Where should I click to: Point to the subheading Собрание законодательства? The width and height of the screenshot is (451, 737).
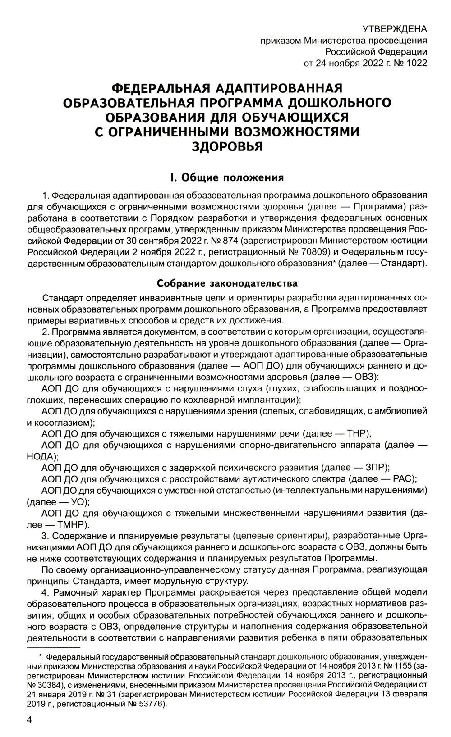(x=227, y=284)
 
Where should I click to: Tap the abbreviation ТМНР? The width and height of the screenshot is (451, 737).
(x=72, y=524)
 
